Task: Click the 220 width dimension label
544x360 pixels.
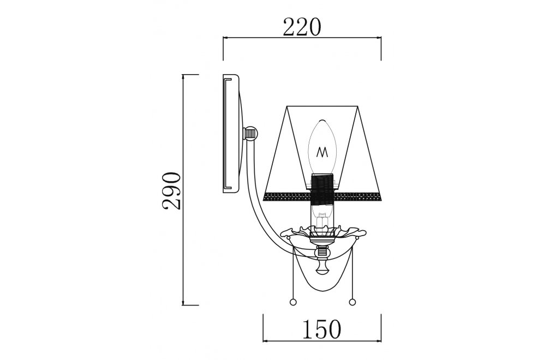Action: click(x=301, y=26)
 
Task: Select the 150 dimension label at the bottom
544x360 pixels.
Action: click(x=322, y=329)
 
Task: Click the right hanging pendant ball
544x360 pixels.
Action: click(x=351, y=302)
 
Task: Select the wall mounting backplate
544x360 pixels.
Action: click(x=232, y=134)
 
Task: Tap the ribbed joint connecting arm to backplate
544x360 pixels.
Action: click(x=250, y=133)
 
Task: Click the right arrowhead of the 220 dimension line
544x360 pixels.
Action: click(x=380, y=38)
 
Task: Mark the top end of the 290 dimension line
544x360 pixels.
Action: click(x=183, y=75)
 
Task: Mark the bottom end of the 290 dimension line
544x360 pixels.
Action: click(x=183, y=305)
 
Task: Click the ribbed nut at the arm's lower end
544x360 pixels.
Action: click(x=322, y=252)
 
